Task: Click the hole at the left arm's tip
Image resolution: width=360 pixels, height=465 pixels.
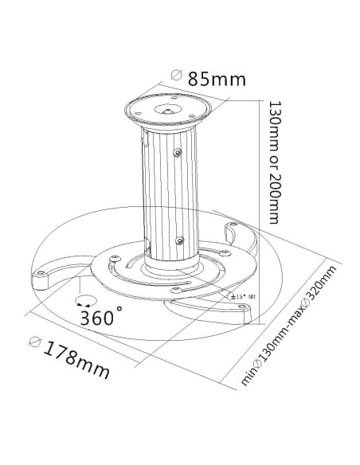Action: tap(38, 278)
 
